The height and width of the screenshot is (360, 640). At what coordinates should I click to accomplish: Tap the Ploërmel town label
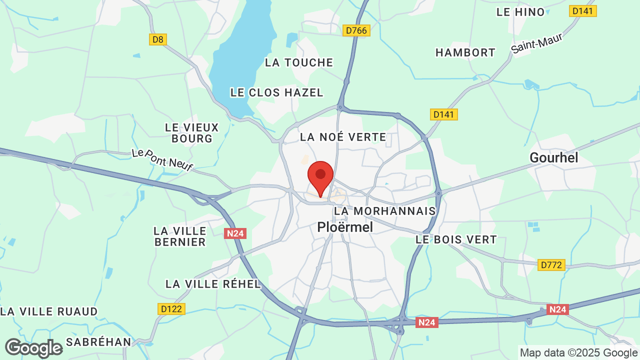pyautogui.click(x=345, y=227)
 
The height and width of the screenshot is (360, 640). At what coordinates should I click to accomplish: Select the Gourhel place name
pyautogui.click(x=553, y=158)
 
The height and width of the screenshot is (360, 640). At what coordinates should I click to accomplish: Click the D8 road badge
pyautogui.click(x=157, y=39)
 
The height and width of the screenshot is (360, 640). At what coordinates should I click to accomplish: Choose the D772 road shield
pyautogui.click(x=551, y=264)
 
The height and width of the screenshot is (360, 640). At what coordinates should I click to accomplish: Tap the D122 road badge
pyautogui.click(x=171, y=309)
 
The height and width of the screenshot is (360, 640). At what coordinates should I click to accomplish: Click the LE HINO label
pyautogui.click(x=520, y=12)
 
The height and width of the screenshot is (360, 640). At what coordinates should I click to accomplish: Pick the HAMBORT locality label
pyautogui.click(x=465, y=52)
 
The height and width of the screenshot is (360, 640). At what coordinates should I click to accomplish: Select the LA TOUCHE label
pyautogui.click(x=299, y=62)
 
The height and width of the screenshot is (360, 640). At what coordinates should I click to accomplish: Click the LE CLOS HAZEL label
pyautogui.click(x=276, y=92)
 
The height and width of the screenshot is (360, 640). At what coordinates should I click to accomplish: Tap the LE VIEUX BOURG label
pyautogui.click(x=192, y=133)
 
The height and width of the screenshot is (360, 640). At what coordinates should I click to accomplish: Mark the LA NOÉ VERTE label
pyautogui.click(x=342, y=137)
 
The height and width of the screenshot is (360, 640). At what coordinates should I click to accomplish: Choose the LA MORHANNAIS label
pyautogui.click(x=385, y=211)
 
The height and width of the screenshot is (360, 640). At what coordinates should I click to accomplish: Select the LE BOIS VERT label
pyautogui.click(x=456, y=239)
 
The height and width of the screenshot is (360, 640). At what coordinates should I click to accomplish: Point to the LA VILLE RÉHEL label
pyautogui.click(x=213, y=284)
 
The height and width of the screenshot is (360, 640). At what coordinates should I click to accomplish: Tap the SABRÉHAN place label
pyautogui.click(x=98, y=342)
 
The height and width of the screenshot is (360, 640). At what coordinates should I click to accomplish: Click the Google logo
pyautogui.click(x=33, y=348)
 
